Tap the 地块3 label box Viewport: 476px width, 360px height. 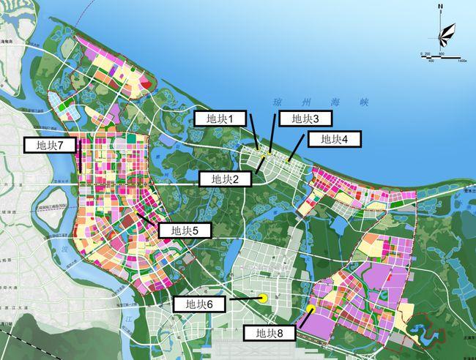pyautogui.click(x=302, y=119)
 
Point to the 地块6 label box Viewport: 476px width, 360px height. pyautogui.click(x=201, y=304)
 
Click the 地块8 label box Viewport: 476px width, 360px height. pyautogui.click(x=269, y=334)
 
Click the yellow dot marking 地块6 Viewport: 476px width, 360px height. pyautogui.click(x=261, y=298)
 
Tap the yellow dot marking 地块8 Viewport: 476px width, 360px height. pyautogui.click(x=311, y=310)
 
